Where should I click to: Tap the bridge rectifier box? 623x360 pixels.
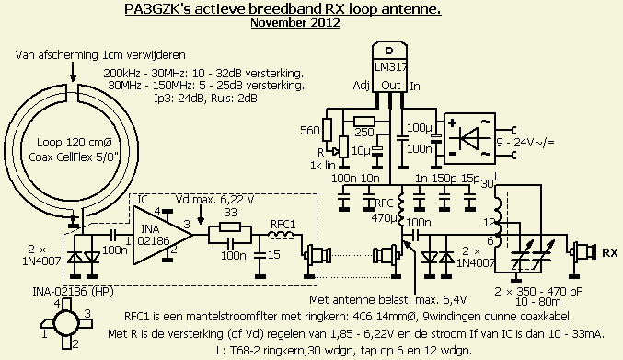coord(469,138)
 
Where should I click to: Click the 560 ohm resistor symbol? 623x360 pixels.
coord(327,130)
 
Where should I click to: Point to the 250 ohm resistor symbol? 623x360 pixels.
coord(364,122)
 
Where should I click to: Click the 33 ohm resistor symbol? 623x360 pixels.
coord(229,227)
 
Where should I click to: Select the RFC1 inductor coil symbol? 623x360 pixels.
coord(281,235)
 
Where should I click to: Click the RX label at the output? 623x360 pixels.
coord(610,252)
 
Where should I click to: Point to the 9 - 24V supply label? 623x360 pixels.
coord(525,142)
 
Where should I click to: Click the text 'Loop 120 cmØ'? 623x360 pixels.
coord(75,143)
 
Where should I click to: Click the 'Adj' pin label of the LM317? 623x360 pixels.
coord(361,86)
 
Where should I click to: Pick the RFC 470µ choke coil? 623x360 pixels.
coord(401,211)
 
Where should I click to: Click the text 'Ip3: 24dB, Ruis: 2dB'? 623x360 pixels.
coord(205,98)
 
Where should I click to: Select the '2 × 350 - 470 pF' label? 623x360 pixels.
coord(538,292)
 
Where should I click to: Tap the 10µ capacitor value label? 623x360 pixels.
coord(361,151)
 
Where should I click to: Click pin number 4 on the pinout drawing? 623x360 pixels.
coord(57,304)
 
